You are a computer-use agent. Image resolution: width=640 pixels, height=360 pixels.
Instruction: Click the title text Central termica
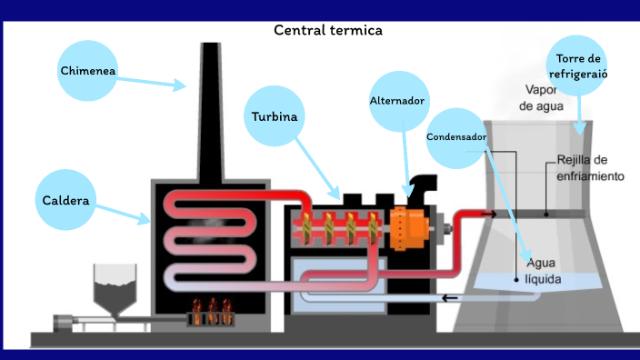click(328, 30)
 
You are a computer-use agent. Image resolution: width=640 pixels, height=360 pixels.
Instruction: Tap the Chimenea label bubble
click(88, 70)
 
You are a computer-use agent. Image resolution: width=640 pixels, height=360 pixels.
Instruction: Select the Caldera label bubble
click(65, 199)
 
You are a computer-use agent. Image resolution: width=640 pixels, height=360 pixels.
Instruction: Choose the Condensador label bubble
click(456, 137)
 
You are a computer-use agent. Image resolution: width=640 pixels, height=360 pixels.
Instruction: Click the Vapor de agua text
click(542, 97)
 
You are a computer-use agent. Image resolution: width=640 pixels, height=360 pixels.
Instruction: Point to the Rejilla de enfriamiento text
click(590, 168)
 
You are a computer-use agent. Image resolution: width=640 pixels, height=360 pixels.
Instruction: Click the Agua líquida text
click(543, 270)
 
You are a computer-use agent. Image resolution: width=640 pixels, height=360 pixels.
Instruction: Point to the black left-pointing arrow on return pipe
click(450, 298)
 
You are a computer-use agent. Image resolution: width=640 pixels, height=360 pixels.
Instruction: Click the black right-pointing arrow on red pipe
click(489, 215)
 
